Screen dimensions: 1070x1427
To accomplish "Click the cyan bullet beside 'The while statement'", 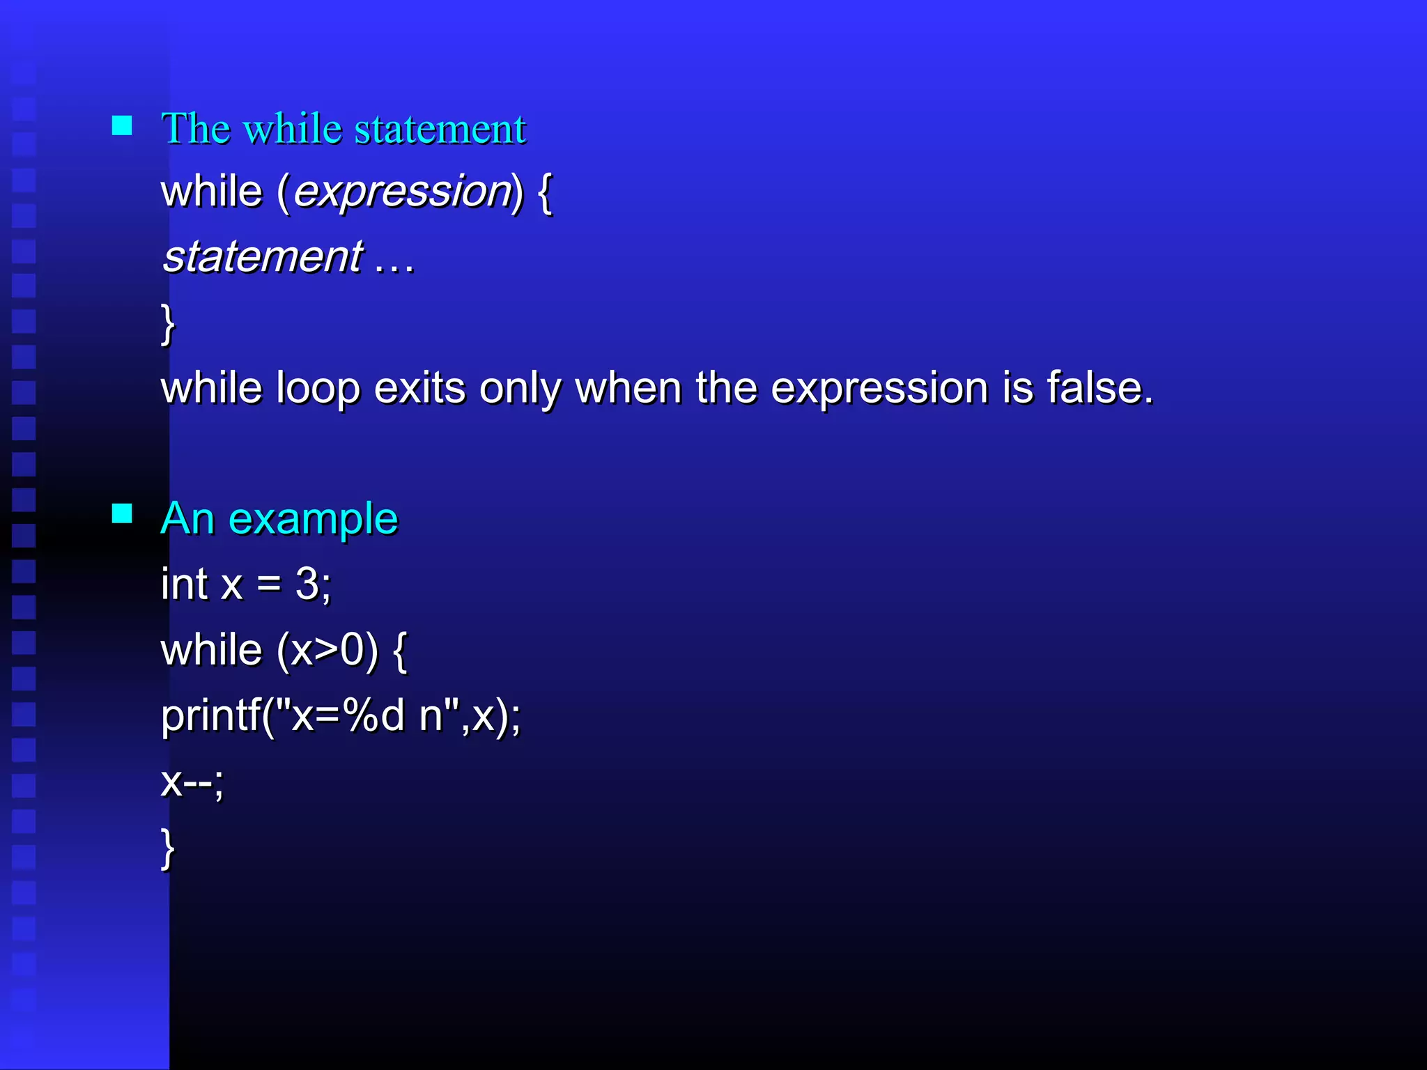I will (x=122, y=125).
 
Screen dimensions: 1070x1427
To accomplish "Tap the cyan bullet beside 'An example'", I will (x=122, y=513).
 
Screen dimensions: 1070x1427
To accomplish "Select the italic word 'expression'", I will (x=403, y=192).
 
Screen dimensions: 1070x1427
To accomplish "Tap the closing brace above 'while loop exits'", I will (x=167, y=323).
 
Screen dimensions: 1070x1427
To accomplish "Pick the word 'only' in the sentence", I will (x=520, y=389).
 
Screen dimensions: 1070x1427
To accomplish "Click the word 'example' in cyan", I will (x=313, y=519).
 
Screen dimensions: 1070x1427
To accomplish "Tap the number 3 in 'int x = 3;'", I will (x=307, y=584).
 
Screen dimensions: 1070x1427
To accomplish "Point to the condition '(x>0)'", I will (x=327, y=650).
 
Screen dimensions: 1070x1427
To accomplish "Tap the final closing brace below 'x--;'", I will (x=167, y=848).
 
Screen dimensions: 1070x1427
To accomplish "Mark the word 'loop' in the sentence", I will (x=318, y=389).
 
